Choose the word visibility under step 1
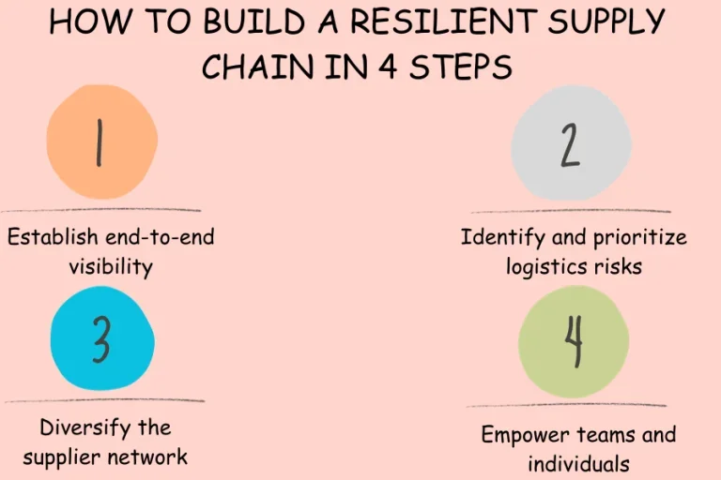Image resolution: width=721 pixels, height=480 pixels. (x=110, y=266)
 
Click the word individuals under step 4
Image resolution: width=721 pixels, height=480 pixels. (x=578, y=463)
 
